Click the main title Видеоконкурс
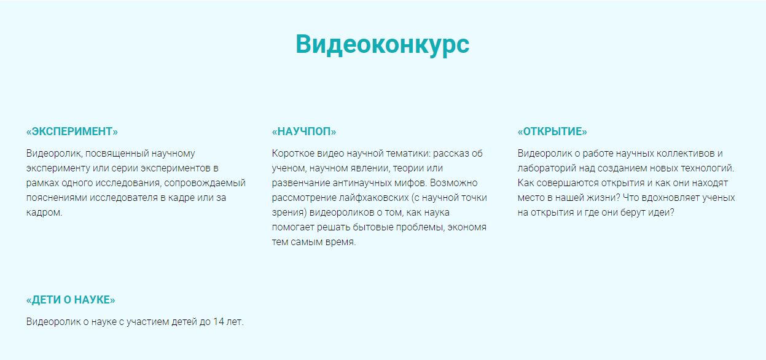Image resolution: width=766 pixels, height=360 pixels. tap(382, 45)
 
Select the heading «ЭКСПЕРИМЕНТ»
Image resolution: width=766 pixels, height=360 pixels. tap(72, 131)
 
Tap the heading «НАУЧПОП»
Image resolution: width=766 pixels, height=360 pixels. tap(304, 131)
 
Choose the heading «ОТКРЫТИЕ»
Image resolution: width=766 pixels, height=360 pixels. tap(552, 131)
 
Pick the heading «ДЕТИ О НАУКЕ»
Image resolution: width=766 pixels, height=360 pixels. tap(71, 300)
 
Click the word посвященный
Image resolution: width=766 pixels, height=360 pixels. tap(117, 154)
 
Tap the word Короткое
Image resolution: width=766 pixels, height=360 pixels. tap(293, 154)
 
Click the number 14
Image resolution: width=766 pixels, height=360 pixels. tap(218, 322)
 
